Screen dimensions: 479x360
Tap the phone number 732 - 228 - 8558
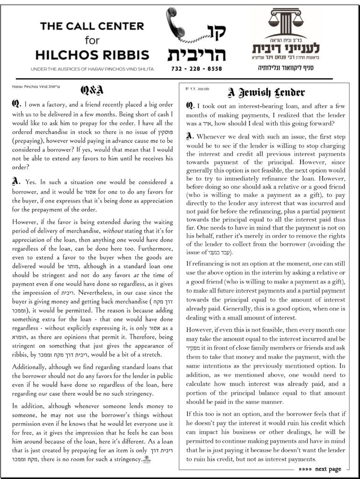click(x=196, y=69)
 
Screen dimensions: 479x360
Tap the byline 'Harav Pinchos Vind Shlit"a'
click(x=36, y=87)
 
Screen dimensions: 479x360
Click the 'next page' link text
click(x=328, y=469)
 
